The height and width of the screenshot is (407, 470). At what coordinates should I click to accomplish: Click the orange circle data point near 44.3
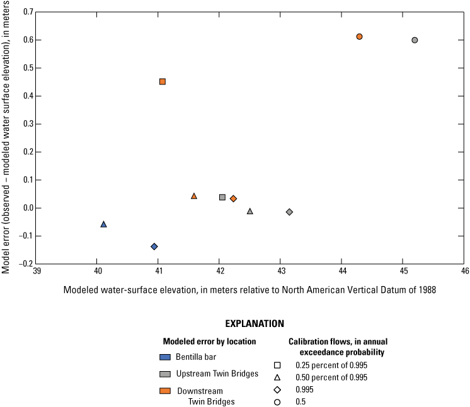tap(359, 37)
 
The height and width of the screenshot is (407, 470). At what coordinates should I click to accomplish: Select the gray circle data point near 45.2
tap(415, 40)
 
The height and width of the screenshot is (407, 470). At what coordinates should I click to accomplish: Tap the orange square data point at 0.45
tap(163, 81)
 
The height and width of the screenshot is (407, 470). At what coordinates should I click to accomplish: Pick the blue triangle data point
tap(104, 224)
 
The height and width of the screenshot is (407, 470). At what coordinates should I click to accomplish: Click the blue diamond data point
tap(154, 246)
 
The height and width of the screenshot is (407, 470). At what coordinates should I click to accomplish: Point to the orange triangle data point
tap(194, 196)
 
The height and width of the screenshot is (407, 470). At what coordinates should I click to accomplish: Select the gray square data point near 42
tap(222, 197)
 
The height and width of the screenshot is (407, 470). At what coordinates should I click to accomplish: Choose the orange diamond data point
tap(233, 198)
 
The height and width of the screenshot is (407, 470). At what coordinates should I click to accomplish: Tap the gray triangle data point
tap(250, 211)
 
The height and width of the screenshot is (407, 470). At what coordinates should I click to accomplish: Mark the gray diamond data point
tap(289, 212)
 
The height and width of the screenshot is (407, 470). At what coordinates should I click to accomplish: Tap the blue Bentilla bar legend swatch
tap(164, 357)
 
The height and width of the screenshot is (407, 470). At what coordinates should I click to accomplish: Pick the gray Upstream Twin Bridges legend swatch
tap(164, 374)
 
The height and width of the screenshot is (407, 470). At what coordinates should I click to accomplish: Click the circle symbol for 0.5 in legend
tap(277, 401)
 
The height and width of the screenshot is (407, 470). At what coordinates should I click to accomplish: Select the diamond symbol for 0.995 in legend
tap(277, 389)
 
